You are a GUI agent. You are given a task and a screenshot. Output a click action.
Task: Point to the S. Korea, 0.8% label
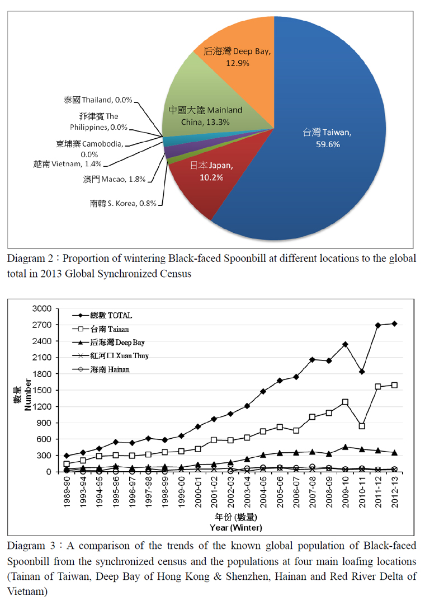coord(122,203)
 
